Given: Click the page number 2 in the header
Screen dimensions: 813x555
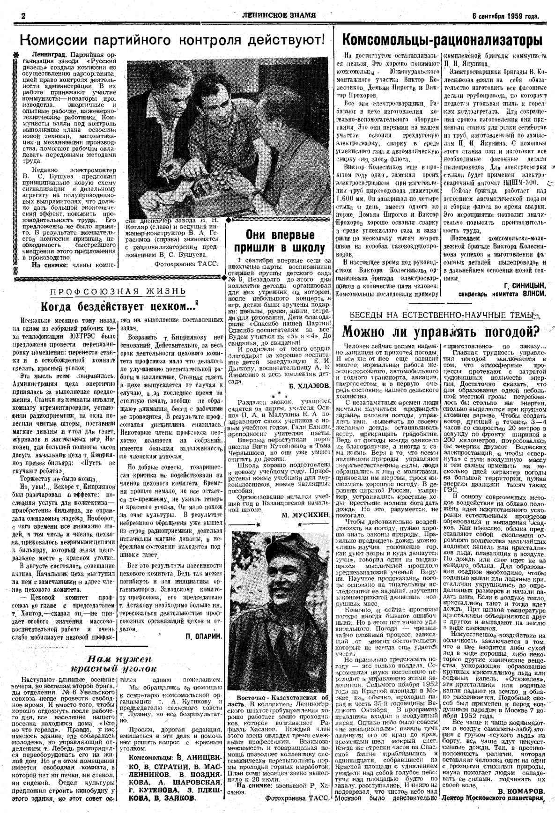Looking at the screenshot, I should click(22, 15).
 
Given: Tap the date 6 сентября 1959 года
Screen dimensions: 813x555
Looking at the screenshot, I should click(505, 16).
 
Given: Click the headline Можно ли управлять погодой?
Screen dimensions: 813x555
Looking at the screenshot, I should click(440, 331).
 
